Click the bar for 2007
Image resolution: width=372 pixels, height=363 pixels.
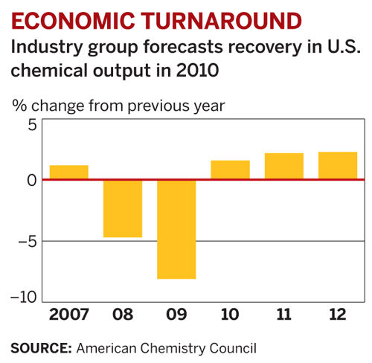[x=68, y=172]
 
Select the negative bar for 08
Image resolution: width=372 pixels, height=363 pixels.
[x=122, y=208]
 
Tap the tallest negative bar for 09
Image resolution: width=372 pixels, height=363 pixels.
[x=176, y=229]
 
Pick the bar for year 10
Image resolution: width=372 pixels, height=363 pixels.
[x=230, y=170]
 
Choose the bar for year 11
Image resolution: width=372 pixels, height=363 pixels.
[x=283, y=166]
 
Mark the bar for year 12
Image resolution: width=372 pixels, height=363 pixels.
[x=337, y=165]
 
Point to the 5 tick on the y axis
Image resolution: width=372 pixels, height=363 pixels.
[x=30, y=124]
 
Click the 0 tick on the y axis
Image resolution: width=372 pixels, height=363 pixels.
[x=30, y=180]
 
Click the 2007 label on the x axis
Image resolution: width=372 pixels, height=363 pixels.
[x=68, y=315]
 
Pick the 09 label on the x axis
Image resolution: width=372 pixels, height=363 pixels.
[x=176, y=315]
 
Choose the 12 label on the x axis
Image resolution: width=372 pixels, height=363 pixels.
[x=337, y=315]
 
